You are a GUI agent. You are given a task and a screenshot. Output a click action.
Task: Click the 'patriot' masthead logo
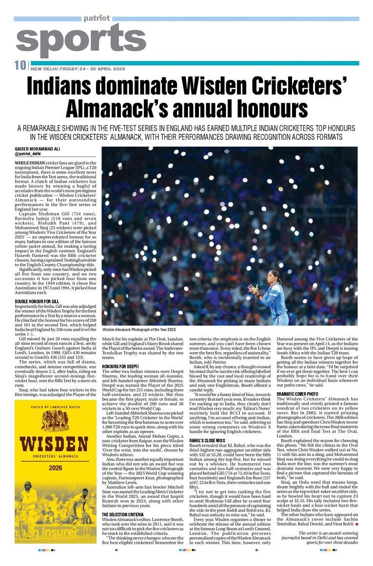point(96,19)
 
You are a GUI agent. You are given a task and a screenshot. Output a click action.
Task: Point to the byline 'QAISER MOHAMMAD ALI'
point(37,149)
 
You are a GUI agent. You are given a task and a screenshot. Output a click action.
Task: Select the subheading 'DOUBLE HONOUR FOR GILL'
point(37,302)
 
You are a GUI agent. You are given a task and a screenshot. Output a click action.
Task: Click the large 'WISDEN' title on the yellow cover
point(55,445)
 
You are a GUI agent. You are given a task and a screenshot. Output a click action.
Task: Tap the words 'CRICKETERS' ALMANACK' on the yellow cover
point(55,458)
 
